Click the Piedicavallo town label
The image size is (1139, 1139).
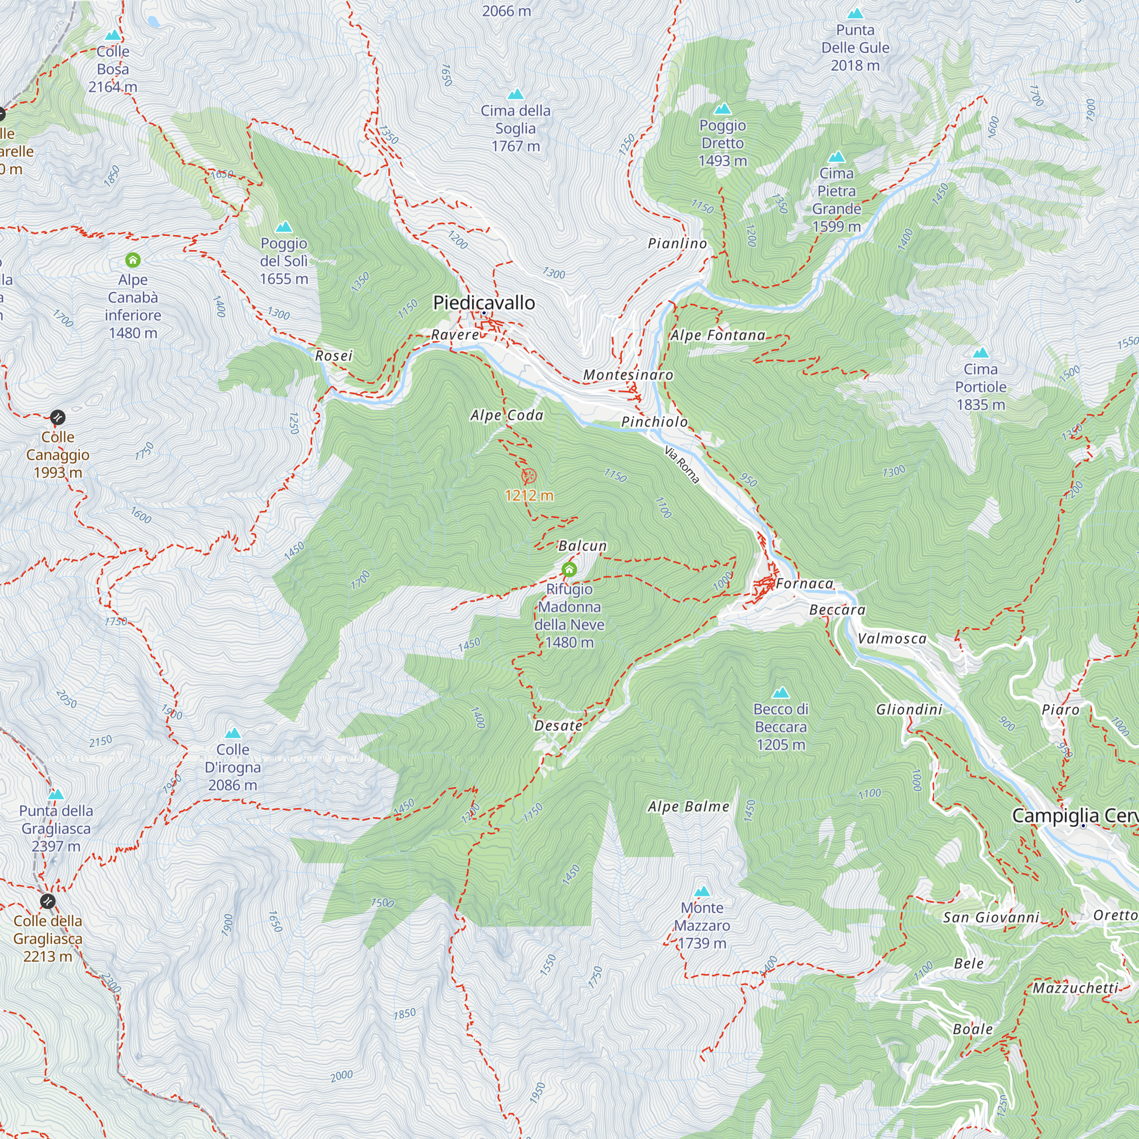484,302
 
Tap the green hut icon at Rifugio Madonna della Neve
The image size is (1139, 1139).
569,569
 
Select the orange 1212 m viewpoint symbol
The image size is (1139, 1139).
530,476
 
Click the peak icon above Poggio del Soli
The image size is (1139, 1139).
284,227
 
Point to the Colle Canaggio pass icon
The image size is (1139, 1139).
58,417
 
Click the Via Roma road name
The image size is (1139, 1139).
682,465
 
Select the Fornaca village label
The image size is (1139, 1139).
805,584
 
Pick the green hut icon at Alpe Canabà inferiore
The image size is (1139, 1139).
133,260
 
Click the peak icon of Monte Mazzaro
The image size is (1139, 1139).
702,891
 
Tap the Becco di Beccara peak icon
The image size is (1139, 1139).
781,693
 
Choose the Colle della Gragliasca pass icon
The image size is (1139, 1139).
48,902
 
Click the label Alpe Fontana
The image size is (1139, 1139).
718,335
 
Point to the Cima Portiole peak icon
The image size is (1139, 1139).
981,353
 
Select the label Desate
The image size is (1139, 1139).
558,726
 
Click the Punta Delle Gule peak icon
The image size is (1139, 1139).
855,14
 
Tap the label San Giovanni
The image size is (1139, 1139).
991,917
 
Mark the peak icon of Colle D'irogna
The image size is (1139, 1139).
233,734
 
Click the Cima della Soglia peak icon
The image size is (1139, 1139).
516,95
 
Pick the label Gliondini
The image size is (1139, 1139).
909,709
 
